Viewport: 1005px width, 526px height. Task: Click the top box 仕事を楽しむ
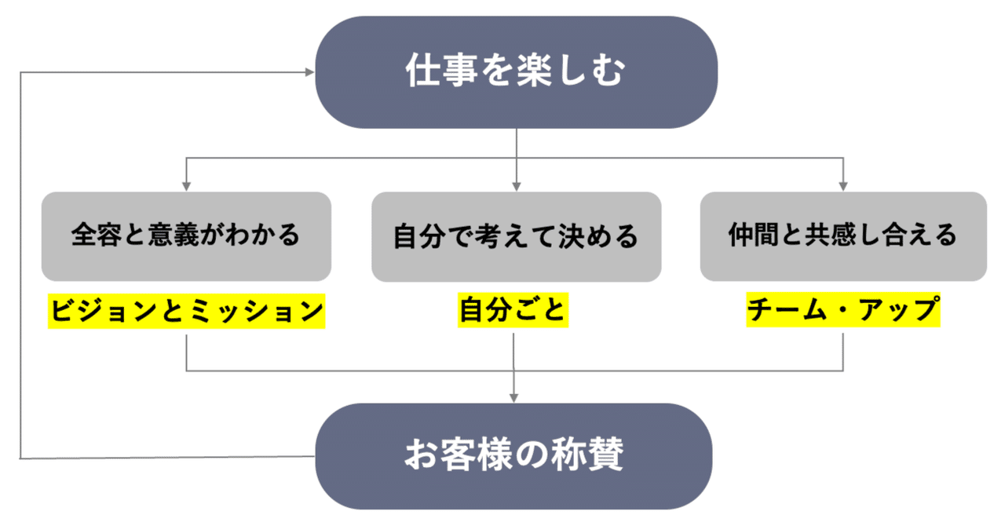coord(517,72)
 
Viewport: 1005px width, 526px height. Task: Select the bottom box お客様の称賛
coord(514,456)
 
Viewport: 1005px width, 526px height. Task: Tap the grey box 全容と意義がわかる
coord(186,236)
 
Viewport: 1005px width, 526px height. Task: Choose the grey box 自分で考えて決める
coord(517,237)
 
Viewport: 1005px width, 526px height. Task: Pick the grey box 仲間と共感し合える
coord(843,236)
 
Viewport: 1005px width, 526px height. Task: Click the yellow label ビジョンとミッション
coord(187,311)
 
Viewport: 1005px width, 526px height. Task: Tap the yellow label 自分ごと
coord(513,310)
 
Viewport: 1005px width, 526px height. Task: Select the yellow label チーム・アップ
coord(843,309)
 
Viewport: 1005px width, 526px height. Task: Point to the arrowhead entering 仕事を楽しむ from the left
coord(309,72)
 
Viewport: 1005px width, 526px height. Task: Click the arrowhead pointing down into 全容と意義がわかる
coord(187,186)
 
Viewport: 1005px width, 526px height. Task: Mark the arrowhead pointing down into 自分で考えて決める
coord(517,186)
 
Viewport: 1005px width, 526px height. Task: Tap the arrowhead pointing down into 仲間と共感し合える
coord(843,186)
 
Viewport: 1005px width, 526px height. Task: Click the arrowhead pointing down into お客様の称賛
coord(513,398)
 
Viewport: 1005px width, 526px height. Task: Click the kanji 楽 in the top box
coord(534,71)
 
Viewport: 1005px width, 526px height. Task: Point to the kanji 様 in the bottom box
coord(495,455)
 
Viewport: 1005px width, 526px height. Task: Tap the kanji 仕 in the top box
coord(422,71)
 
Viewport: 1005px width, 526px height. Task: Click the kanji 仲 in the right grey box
coord(740,235)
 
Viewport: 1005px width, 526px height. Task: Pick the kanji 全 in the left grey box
coord(83,235)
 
